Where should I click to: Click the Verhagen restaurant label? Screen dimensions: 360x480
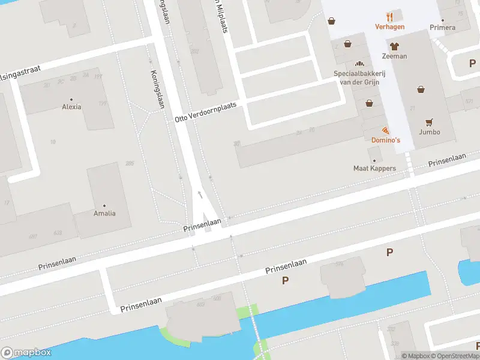pyautogui.click(x=390, y=26)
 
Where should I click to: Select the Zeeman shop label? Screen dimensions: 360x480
pyautogui.click(x=394, y=56)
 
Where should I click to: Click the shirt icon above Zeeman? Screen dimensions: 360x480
pyautogui.click(x=394, y=46)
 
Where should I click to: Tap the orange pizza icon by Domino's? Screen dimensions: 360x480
pyautogui.click(x=385, y=130)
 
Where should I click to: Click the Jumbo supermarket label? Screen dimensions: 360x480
pyautogui.click(x=430, y=131)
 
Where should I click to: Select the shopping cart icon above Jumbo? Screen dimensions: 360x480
pyautogui.click(x=430, y=121)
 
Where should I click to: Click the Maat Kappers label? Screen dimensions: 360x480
pyautogui.click(x=374, y=168)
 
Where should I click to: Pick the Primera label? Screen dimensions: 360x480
pyautogui.click(x=443, y=27)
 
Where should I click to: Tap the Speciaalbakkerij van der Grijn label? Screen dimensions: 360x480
pyautogui.click(x=358, y=77)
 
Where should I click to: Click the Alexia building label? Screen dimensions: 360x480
pyautogui.click(x=71, y=107)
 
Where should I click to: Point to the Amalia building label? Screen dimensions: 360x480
pyautogui.click(x=104, y=213)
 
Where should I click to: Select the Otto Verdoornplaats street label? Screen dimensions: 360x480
pyautogui.click(x=206, y=112)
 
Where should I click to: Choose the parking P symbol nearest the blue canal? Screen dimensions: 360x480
pyautogui.click(x=285, y=281)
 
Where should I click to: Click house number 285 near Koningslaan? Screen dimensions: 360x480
pyautogui.click(x=130, y=163)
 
